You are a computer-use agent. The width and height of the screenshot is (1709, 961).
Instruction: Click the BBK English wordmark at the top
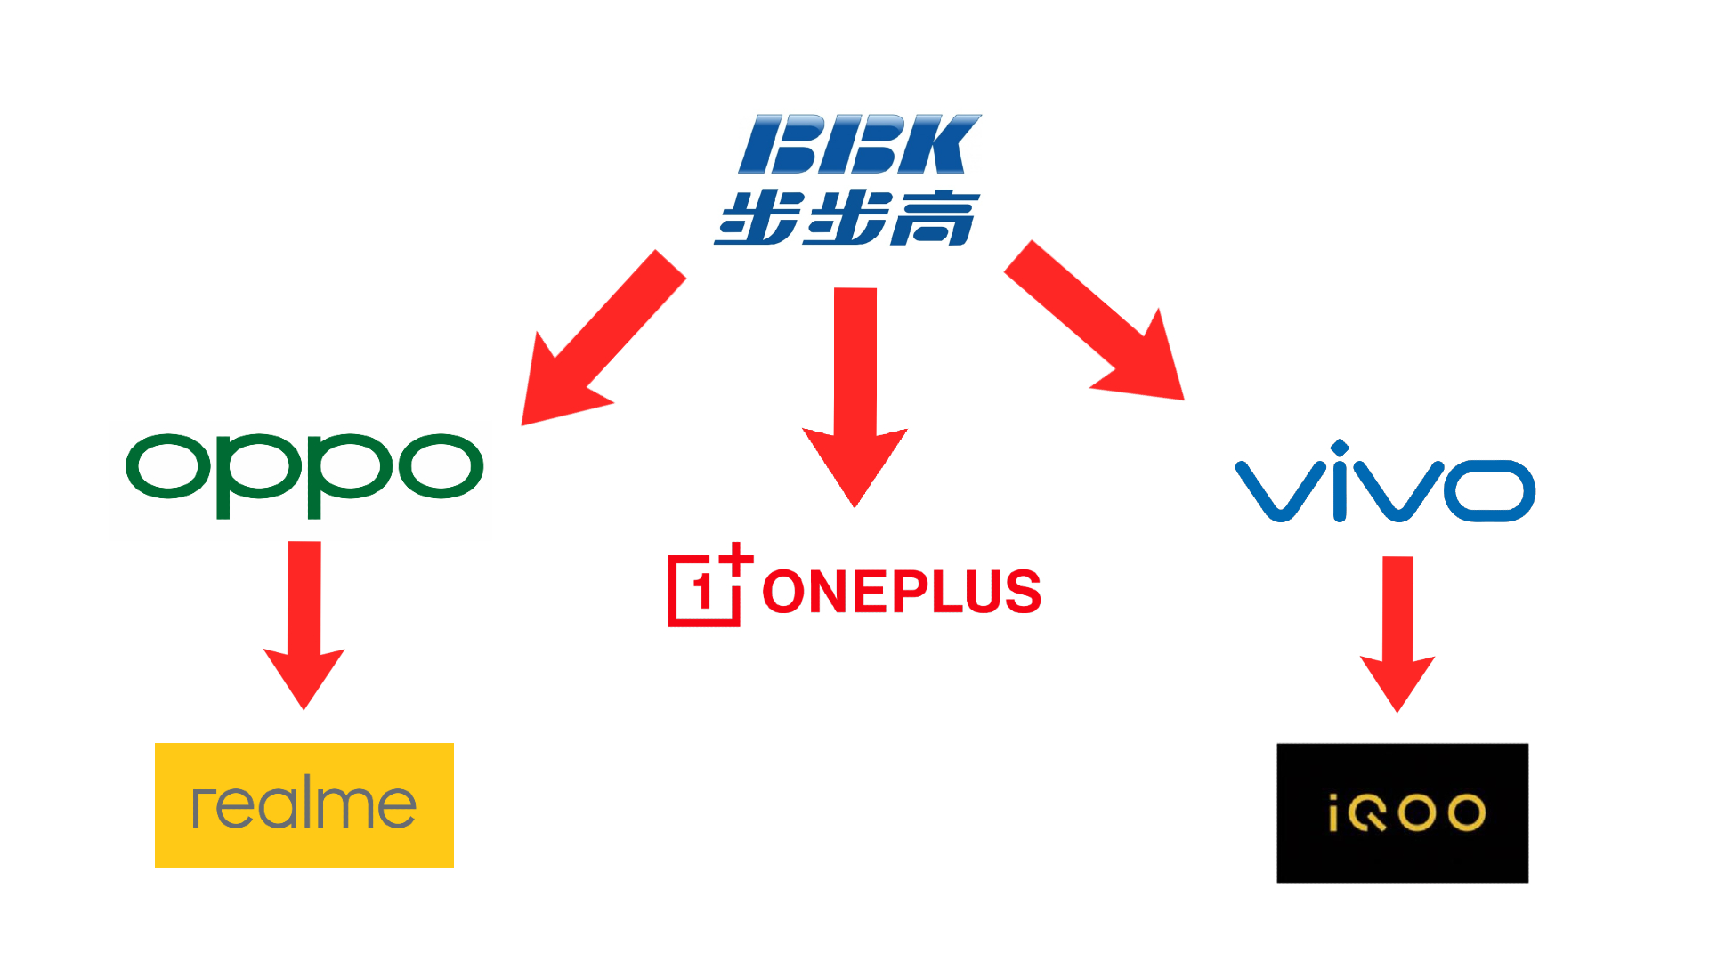[860, 143]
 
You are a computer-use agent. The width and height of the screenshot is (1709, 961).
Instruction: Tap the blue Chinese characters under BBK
[846, 218]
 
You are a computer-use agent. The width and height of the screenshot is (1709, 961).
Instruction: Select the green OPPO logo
[304, 475]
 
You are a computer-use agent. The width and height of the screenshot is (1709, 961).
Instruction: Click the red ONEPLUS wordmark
[902, 592]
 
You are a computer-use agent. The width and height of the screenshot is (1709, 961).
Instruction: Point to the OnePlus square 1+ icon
[710, 585]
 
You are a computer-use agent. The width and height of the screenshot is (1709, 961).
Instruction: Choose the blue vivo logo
[1385, 481]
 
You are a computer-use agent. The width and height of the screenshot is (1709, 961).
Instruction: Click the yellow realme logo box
[304, 805]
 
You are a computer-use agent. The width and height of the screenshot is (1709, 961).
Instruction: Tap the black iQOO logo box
[1403, 813]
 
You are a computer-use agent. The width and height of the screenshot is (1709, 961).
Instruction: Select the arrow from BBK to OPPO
[603, 338]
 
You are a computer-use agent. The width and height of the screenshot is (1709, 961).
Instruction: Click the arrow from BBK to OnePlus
[855, 398]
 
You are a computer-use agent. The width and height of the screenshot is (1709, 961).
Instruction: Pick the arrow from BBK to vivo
[1095, 320]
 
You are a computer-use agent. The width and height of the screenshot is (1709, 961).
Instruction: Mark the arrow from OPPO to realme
[304, 626]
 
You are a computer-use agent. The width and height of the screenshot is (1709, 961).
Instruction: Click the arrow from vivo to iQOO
[1397, 634]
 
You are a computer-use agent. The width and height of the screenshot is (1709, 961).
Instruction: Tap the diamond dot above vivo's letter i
[1340, 447]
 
